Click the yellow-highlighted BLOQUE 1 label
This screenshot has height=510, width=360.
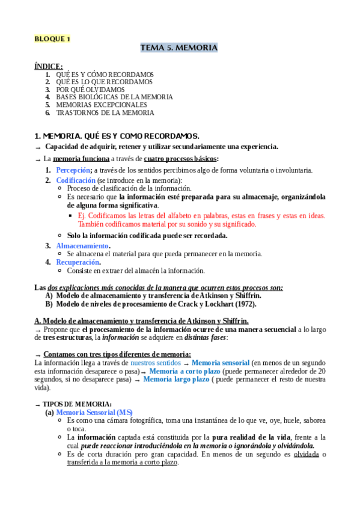pyautogui.click(x=52, y=39)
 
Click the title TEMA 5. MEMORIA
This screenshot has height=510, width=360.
pyautogui.click(x=179, y=48)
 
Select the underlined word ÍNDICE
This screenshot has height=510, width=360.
pyautogui.click(x=48, y=66)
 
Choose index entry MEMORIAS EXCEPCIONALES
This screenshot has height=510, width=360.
pyautogui.click(x=101, y=105)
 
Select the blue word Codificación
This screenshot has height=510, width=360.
pyautogui.click(x=76, y=180)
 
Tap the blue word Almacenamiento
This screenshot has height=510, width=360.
pyautogui.click(x=82, y=246)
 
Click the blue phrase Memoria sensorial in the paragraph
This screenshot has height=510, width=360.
pyautogui.click(x=220, y=363)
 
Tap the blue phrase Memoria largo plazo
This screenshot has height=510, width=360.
pyautogui.click(x=176, y=379)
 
